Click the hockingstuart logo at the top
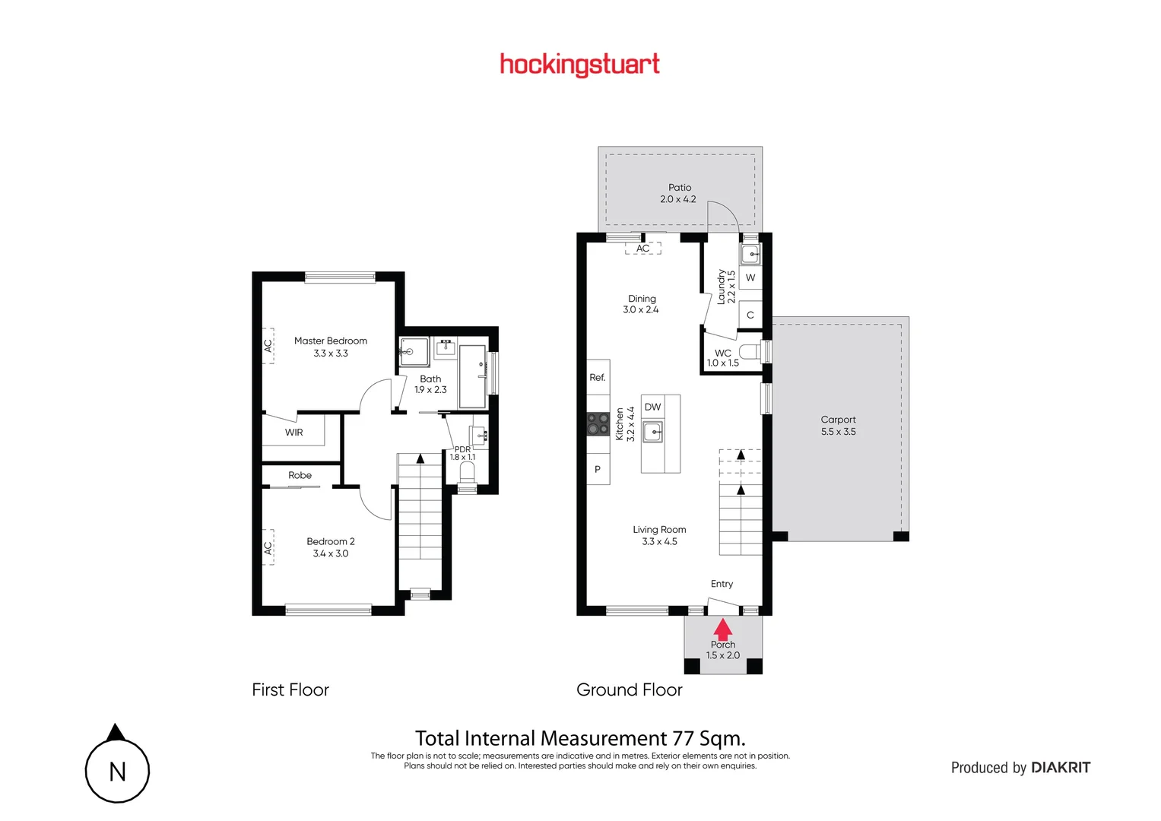pos(579,65)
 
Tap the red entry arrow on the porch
pos(722,629)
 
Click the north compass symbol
pos(117,769)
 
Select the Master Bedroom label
pos(331,341)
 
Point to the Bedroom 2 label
pos(331,542)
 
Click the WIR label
pos(294,433)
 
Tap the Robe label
pos(300,476)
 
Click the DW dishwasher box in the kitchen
pos(652,407)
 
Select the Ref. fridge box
pos(598,378)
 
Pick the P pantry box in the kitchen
pos(598,470)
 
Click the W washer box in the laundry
pos(750,278)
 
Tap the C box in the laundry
pos(750,315)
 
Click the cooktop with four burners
pos(598,424)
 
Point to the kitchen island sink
pos(653,433)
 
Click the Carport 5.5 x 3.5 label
pos(838,426)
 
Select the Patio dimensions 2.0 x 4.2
pos(678,200)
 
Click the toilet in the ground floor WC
pos(750,352)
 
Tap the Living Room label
pos(659,530)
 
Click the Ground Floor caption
pos(630,690)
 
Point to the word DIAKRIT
pos(1061,768)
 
